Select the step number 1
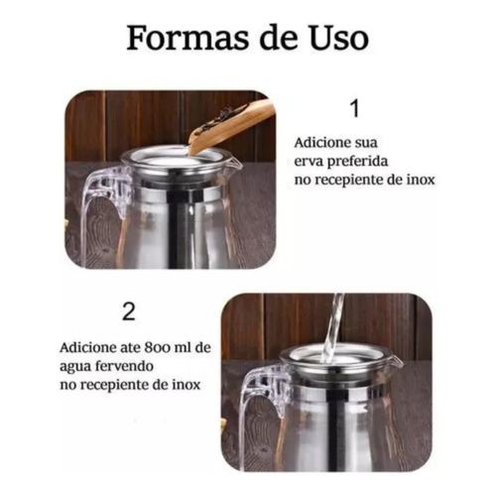(x=355, y=109)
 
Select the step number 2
(x=129, y=311)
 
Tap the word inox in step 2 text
(x=186, y=385)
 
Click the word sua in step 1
(x=365, y=144)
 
